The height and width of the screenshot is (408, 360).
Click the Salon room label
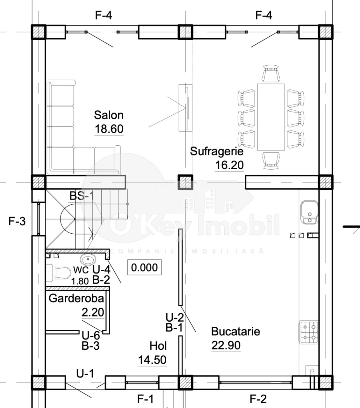[x=109, y=115]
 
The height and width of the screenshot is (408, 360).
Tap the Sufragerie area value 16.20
[x=229, y=165]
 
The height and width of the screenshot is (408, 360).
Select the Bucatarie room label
[x=235, y=331]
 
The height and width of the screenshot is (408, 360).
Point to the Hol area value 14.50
[x=152, y=360]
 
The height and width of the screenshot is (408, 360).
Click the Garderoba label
[x=76, y=298]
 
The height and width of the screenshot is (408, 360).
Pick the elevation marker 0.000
[x=144, y=267]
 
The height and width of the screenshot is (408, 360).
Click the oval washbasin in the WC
[x=88, y=259]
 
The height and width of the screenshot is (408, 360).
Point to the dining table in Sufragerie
[x=271, y=117]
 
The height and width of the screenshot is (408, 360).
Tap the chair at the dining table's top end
[x=271, y=73]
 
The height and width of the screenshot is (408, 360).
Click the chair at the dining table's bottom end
[x=271, y=161]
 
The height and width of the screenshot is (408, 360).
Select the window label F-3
[x=17, y=221]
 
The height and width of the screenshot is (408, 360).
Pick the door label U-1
[x=85, y=374]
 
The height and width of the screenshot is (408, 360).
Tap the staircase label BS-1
[x=82, y=195]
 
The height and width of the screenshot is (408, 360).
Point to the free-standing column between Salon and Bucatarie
[x=185, y=182]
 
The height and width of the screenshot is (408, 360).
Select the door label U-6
[x=91, y=335]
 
